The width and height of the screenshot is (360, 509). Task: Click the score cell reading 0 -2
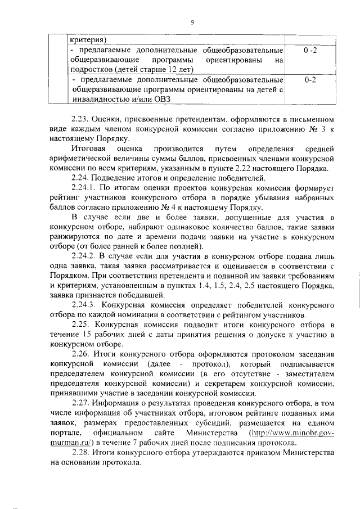(309, 51)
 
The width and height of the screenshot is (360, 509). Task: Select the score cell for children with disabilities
(309, 80)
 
